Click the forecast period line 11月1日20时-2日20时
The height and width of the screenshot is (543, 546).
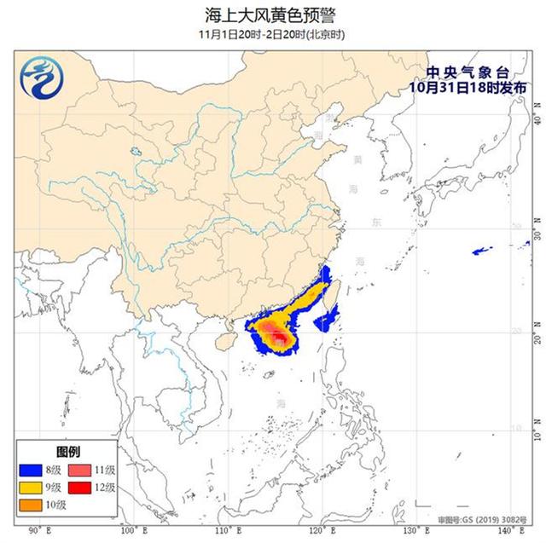point(273,34)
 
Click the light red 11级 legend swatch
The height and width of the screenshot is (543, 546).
point(82,468)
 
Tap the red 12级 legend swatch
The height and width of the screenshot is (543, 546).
point(82,487)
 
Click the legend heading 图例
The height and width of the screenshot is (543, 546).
point(67,450)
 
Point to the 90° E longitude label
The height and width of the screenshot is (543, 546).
point(37,531)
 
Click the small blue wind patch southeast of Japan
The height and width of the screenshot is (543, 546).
point(483,251)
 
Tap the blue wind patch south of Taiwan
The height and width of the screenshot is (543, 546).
point(327,321)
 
